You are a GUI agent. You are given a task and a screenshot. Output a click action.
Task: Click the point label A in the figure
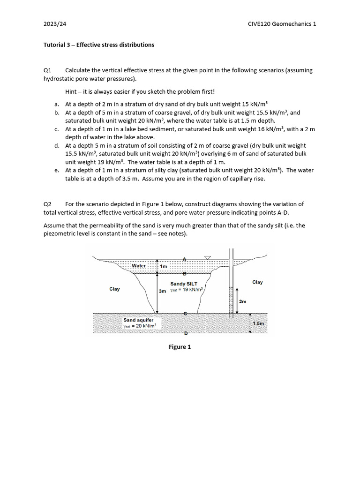pyautogui.click(x=185, y=259)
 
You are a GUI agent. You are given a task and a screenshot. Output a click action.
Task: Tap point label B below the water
pyautogui.click(x=185, y=273)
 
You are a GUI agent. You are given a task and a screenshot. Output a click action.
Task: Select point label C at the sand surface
pyautogui.click(x=185, y=314)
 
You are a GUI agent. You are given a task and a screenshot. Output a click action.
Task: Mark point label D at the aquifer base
pyautogui.click(x=185, y=333)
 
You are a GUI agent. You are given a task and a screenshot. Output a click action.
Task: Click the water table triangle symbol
pyautogui.click(x=208, y=258)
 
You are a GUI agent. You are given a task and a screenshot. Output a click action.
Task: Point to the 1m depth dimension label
pyautogui.click(x=164, y=266)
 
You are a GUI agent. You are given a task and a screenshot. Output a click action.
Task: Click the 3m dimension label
pyautogui.click(x=162, y=291)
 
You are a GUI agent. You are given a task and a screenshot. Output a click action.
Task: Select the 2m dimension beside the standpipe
pyautogui.click(x=242, y=301)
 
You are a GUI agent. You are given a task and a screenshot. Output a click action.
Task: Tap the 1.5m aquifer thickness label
pyautogui.click(x=258, y=323)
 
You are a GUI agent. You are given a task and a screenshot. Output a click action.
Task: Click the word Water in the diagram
pyautogui.click(x=139, y=266)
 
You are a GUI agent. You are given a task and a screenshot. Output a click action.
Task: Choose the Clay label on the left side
pyautogui.click(x=114, y=289)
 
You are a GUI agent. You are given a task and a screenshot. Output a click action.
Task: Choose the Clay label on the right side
pyautogui.click(x=257, y=282)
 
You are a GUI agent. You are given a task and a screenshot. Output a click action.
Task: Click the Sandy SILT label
pyautogui.click(x=184, y=284)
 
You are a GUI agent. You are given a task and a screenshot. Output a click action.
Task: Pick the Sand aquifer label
pyautogui.click(x=135, y=320)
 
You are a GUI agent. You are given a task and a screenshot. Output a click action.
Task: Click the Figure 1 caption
pyautogui.click(x=180, y=347)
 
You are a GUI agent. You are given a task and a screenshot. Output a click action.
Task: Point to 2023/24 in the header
pyautogui.click(x=52, y=24)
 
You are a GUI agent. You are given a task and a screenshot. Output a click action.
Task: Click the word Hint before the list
pyautogui.click(x=72, y=92)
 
